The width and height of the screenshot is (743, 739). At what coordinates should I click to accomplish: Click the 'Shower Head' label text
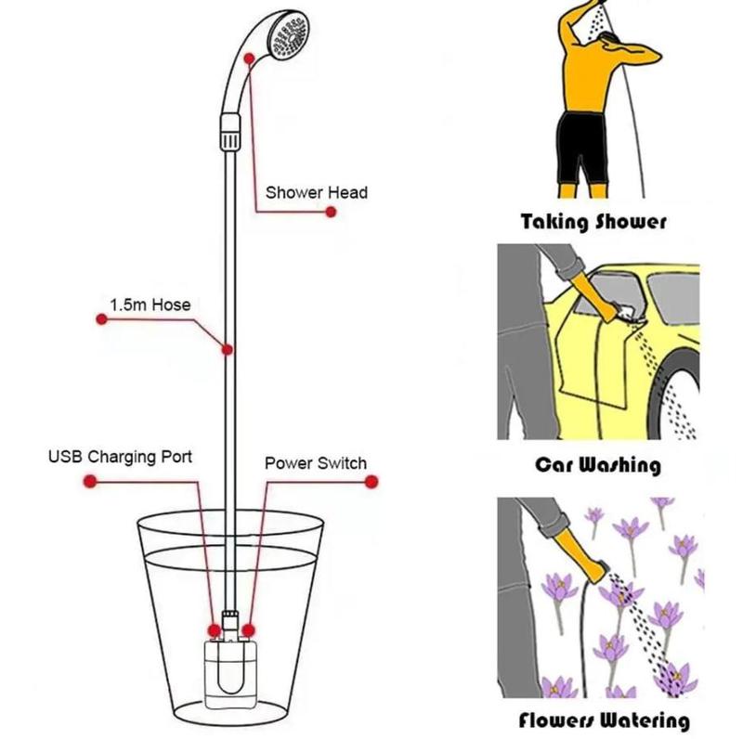(316, 193)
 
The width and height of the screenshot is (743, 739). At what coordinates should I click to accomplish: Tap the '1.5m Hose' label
(150, 305)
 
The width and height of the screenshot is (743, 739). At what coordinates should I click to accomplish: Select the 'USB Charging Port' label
(120, 458)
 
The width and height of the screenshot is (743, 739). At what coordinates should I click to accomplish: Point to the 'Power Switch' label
(315, 462)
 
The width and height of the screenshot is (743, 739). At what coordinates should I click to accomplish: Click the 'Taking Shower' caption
(593, 222)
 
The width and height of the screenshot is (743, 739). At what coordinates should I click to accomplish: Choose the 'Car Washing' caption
(597, 464)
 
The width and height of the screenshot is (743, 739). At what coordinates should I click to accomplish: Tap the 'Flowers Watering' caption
(604, 720)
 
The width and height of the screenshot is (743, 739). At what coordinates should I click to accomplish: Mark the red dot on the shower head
(250, 58)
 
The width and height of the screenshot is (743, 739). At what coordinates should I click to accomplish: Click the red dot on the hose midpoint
(227, 350)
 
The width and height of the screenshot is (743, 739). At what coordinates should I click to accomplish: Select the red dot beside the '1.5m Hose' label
(101, 320)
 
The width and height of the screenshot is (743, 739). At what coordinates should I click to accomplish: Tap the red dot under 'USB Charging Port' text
(89, 481)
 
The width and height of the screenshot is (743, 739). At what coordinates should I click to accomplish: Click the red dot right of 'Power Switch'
(371, 481)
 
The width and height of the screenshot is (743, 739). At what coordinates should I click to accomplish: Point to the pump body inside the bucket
(230, 673)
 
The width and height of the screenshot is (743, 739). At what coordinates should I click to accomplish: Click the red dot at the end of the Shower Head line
(330, 213)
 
